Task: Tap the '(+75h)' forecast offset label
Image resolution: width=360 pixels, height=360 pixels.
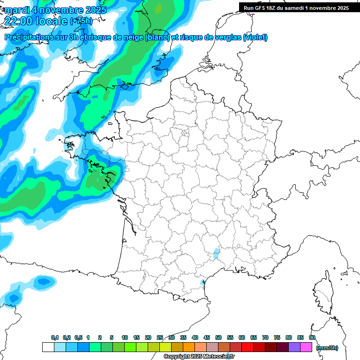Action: [81, 21]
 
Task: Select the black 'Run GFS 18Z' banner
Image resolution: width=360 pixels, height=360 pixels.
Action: [296, 7]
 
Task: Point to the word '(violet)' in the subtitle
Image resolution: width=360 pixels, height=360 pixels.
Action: [255, 37]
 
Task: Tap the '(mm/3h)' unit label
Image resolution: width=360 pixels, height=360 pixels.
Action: [327, 347]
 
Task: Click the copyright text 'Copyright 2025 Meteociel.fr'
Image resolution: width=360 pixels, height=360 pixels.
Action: [199, 357]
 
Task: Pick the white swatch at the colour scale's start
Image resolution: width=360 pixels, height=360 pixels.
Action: [48, 347]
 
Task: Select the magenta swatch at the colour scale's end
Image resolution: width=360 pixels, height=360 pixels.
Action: [306, 347]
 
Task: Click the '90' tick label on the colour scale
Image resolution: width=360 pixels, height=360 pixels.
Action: [312, 337]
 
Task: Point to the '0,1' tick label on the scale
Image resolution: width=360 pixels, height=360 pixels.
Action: [55, 337]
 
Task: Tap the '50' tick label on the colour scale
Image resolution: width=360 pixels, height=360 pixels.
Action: [218, 337]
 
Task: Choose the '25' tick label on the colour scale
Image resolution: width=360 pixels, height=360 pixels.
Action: [160, 337]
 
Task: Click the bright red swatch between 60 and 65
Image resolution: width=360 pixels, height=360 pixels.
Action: [247, 347]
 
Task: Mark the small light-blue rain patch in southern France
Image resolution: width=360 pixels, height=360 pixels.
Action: [216, 254]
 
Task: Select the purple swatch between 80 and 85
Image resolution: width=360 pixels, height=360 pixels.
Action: [294, 347]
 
